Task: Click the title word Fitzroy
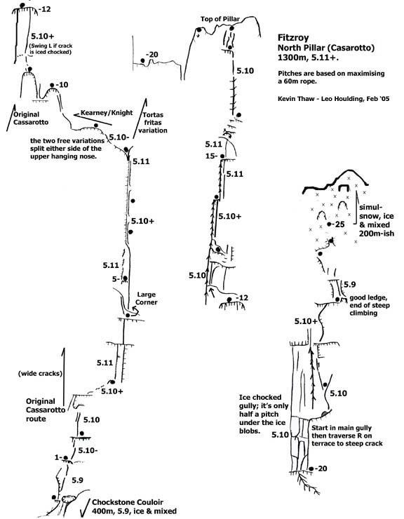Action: click(293, 38)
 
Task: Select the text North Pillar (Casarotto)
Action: click(326, 48)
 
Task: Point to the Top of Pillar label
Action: click(220, 19)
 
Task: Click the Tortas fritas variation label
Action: click(153, 123)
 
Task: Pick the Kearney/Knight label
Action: click(107, 113)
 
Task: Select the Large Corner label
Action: click(147, 298)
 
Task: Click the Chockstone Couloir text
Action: click(128, 502)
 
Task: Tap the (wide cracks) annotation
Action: click(40, 374)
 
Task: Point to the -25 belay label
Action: click(339, 224)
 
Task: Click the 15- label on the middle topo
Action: click(210, 156)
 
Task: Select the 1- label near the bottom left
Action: click(58, 457)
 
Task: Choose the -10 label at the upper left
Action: click(62, 85)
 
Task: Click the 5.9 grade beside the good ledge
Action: click(350, 284)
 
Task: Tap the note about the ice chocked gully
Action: click(264, 414)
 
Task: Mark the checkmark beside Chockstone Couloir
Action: click(85, 508)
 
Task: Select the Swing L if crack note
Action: click(51, 48)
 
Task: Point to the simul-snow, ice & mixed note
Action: click(377, 220)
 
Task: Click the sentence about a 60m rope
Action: click(331, 77)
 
